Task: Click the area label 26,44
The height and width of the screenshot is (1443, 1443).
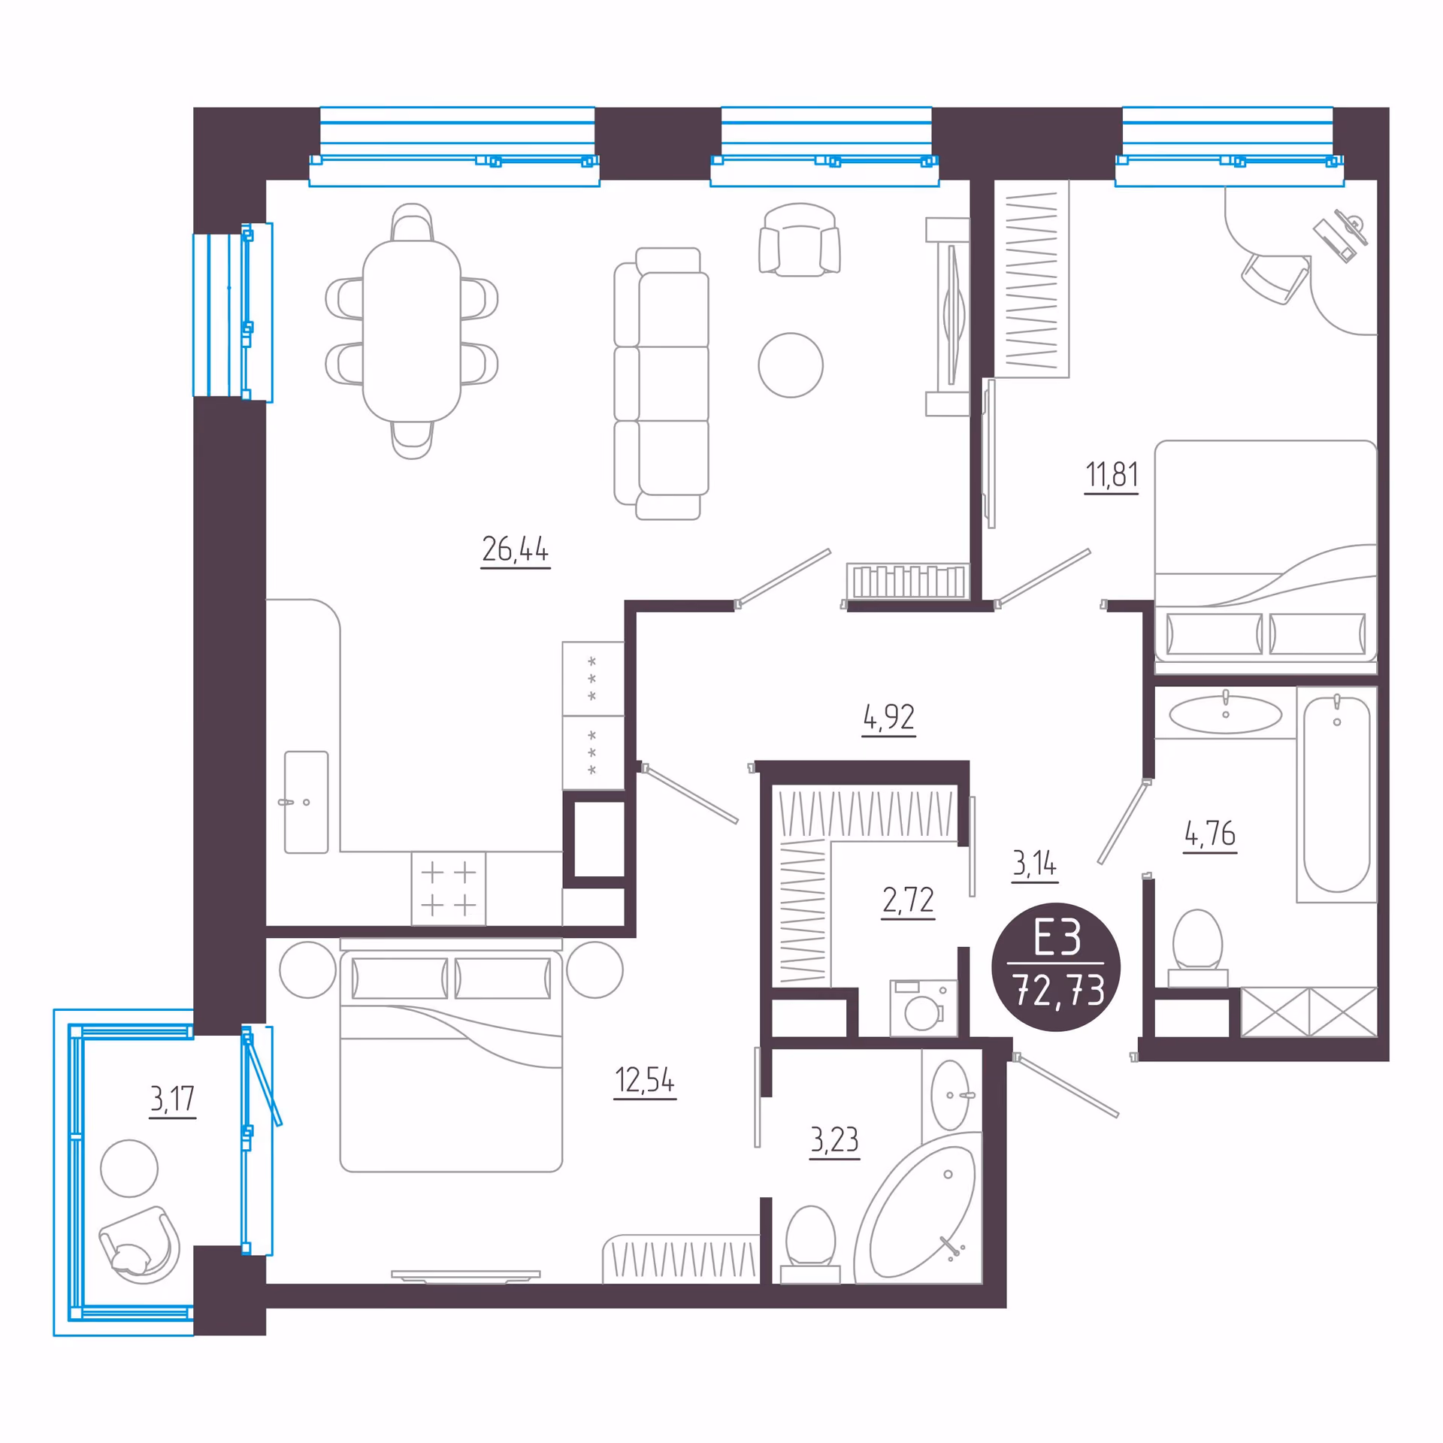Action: click(x=515, y=549)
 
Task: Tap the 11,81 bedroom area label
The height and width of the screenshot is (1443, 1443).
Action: click(x=1112, y=475)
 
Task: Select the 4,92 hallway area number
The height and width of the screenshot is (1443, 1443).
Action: click(x=888, y=717)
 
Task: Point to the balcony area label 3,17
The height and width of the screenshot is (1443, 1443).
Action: click(x=172, y=1099)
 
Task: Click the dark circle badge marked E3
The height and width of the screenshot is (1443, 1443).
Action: click(x=1056, y=967)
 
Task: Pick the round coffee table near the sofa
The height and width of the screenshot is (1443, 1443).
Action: click(x=791, y=365)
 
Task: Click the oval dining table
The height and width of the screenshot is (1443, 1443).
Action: click(x=412, y=331)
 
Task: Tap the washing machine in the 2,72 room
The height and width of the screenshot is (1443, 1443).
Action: click(x=924, y=1008)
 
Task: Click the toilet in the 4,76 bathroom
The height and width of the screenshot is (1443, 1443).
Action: click(x=1197, y=947)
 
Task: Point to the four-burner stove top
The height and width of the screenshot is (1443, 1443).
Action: click(x=449, y=888)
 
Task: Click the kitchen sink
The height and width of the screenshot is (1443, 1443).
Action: click(x=306, y=802)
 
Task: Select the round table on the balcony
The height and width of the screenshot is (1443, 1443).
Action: click(x=129, y=1168)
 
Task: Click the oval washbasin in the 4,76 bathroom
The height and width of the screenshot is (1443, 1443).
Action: click(x=1226, y=714)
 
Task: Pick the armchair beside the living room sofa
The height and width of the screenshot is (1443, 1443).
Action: click(x=800, y=240)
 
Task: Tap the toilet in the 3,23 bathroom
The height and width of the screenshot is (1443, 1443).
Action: click(x=810, y=1244)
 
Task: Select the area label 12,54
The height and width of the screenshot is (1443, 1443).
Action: click(x=645, y=1080)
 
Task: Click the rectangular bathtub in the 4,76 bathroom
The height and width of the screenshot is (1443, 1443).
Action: click(x=1336, y=794)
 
